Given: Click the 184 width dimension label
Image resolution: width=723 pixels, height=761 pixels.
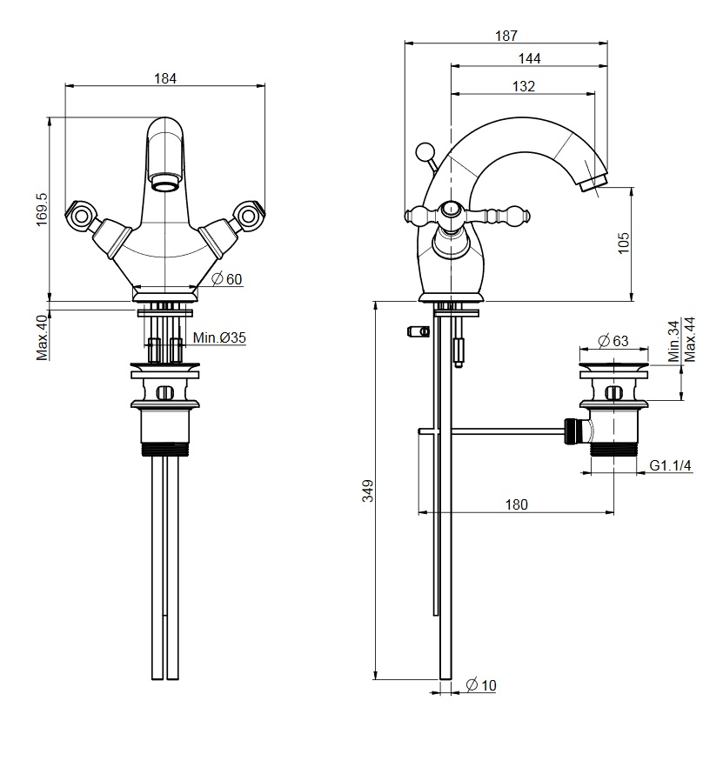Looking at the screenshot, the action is (165, 78).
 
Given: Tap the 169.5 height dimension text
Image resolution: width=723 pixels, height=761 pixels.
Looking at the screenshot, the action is (42, 210).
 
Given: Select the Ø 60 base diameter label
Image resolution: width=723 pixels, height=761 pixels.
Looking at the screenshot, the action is (227, 279).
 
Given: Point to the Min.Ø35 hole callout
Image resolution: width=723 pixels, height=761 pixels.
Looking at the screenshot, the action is (219, 337).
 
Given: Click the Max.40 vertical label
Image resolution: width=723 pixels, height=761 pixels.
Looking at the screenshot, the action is (43, 337).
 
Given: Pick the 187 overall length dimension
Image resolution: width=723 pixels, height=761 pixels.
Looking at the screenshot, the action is (506, 36).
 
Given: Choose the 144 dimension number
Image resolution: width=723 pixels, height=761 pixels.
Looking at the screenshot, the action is (529, 59).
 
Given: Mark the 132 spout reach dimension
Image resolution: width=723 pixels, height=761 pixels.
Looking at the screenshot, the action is (524, 86).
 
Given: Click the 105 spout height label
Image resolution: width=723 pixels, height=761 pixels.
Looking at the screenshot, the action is (624, 243).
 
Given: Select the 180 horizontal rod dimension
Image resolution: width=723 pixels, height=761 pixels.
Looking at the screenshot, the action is (516, 504).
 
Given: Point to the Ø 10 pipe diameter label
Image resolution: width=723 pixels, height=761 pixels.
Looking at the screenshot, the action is (481, 684).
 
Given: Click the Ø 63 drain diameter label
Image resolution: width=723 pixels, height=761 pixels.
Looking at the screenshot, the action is (613, 341).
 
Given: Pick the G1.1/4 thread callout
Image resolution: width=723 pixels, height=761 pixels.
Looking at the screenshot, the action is (670, 465).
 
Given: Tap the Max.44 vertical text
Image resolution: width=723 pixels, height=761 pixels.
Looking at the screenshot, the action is (690, 339).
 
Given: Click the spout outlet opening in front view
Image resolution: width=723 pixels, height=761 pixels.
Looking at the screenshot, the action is (165, 184).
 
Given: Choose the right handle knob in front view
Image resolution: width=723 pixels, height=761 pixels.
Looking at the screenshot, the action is (250, 215).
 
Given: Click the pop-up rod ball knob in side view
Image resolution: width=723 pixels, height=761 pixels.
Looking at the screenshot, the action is (425, 152).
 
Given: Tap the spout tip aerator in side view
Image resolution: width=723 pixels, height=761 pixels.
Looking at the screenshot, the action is (593, 184).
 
